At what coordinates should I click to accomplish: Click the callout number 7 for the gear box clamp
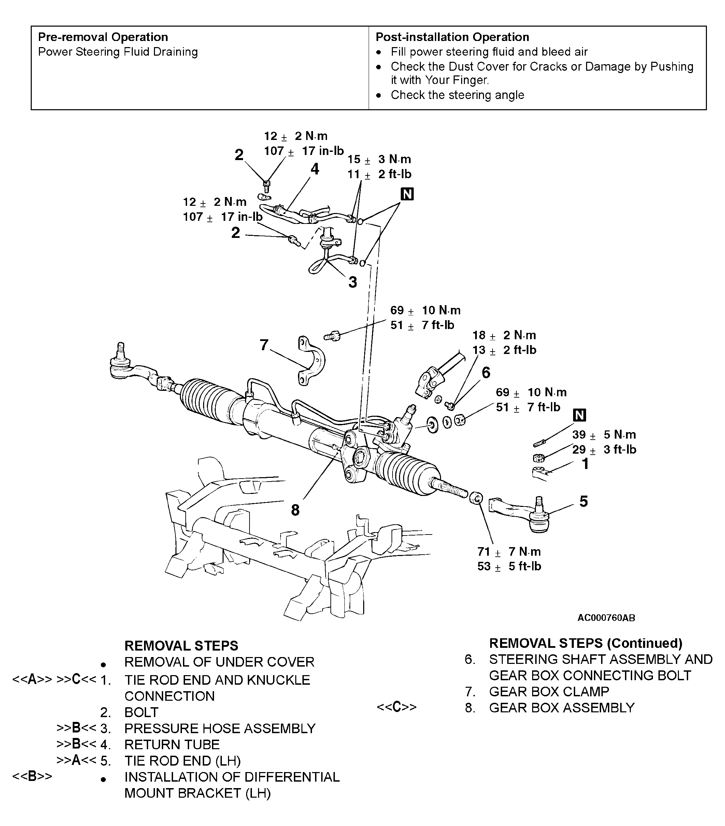point(264,345)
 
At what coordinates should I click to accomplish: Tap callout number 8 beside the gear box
point(295,510)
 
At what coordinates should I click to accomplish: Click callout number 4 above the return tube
point(315,169)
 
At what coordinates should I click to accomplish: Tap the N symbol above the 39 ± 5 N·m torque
point(580,415)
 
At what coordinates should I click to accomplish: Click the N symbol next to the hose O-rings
point(407,194)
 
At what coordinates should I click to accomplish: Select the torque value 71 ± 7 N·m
point(509,552)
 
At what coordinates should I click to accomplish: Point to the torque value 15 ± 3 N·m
point(379,159)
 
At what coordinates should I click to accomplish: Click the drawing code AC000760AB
point(606,618)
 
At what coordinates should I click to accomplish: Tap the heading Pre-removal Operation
point(103,37)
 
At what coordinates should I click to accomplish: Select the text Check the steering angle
point(457,95)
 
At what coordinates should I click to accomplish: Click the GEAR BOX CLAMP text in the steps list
point(549,692)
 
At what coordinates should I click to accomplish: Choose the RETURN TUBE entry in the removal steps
point(172,744)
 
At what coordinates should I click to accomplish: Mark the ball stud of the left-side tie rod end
point(120,350)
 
